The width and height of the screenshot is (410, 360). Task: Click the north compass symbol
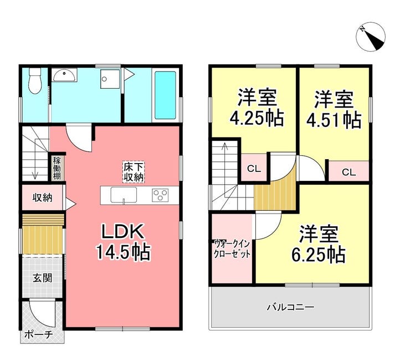pos(371,37)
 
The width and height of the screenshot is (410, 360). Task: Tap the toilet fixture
pos(35,80)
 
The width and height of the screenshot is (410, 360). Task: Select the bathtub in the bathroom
pos(165,95)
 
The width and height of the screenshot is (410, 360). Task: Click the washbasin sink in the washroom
pos(64,75)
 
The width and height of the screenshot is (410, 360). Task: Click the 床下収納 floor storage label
pos(134,172)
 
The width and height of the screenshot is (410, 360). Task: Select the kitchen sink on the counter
pos(124,195)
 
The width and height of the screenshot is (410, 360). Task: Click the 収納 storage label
pos(42,197)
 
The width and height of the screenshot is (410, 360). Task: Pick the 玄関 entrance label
pos(42,278)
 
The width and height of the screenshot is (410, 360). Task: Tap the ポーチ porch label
pos(38,334)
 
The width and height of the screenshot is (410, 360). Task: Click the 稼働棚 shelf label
pos(57,168)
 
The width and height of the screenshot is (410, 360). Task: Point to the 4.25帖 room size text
pos(257,118)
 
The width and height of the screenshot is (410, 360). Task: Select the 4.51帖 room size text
pos(334,120)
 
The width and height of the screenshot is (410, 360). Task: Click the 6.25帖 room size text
pos(319,254)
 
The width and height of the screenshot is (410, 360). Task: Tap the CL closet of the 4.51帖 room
pos(349,172)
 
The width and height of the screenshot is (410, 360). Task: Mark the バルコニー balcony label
pos(290,307)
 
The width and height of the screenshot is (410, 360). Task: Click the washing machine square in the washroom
pos(110,79)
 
